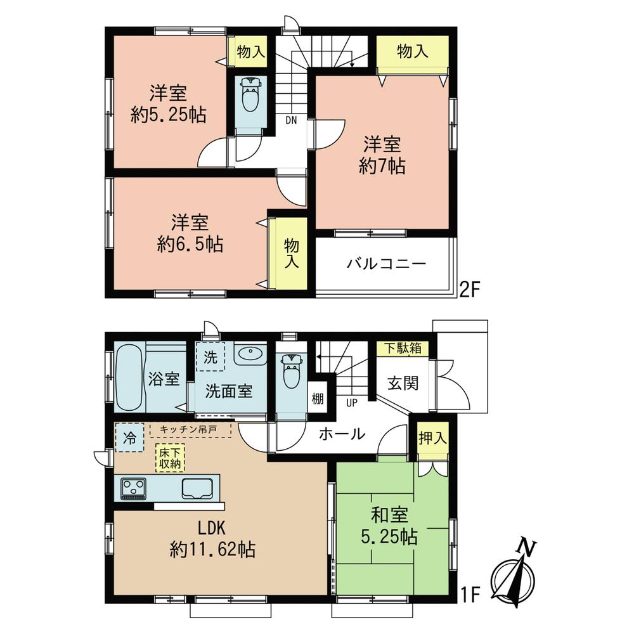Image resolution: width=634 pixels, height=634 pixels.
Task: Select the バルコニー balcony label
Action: pos(386,263)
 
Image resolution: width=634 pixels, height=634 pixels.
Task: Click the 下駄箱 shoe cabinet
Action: pos(402,348)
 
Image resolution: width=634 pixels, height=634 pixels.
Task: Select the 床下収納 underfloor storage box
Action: pos(171,458)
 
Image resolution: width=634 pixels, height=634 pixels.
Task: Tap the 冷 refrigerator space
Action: pos(129,437)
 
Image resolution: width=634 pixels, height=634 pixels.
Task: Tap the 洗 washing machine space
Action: pos(210,356)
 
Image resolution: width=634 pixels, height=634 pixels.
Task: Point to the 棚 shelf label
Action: pos(317,399)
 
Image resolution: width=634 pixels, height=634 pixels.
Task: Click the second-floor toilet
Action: pos(249,96)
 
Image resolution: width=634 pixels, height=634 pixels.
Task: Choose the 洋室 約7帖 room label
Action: pos(382,155)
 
